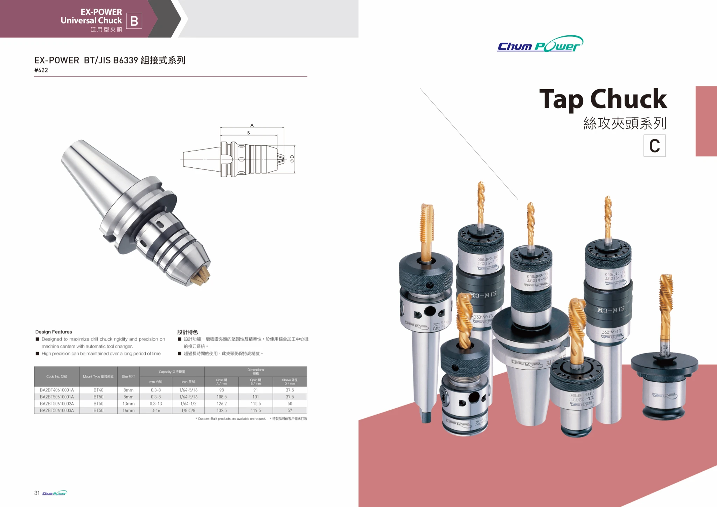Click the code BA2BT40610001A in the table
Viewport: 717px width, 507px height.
[57, 390]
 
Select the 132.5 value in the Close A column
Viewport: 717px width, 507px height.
[222, 410]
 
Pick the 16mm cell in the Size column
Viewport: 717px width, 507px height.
[128, 410]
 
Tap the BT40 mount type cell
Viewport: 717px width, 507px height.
[98, 390]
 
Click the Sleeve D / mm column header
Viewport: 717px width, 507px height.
[290, 382]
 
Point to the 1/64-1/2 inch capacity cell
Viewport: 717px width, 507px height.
[188, 404]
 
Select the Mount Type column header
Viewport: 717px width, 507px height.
[98, 377]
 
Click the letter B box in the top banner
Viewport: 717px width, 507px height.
[134, 21]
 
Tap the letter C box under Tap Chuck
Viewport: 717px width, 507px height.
[654, 146]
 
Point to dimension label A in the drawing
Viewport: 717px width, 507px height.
[252, 125]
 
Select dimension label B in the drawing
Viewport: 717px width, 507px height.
[249, 133]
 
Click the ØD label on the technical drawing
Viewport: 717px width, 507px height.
[292, 159]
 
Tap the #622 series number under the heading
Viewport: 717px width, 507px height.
[41, 70]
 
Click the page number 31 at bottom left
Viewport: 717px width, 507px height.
[37, 493]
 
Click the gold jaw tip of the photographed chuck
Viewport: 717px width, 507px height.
[201, 277]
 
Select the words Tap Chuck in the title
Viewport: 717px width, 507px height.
[603, 99]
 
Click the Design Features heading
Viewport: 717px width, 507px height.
[54, 332]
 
